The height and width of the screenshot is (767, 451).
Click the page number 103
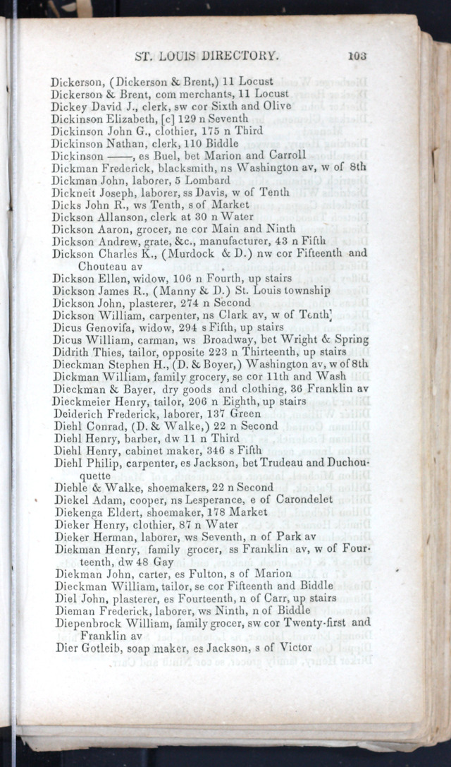[357, 55]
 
